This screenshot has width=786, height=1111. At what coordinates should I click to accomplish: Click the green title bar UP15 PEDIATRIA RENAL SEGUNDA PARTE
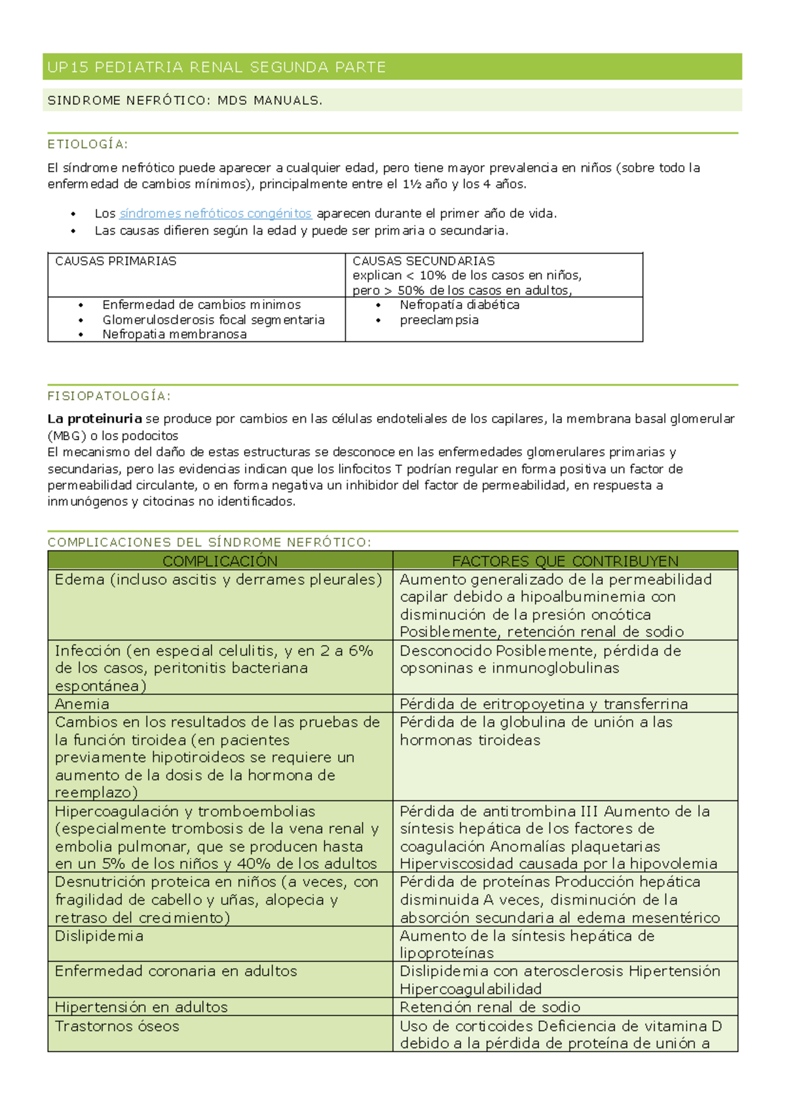[216, 67]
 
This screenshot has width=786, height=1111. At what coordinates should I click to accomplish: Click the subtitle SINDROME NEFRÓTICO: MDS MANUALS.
[185, 100]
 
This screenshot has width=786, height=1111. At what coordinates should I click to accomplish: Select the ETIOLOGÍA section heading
[88, 144]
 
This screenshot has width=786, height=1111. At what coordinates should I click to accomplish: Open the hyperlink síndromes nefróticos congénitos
[215, 214]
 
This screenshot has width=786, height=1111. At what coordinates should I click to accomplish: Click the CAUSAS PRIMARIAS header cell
[116, 261]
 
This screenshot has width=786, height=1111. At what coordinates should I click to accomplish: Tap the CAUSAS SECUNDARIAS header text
[424, 261]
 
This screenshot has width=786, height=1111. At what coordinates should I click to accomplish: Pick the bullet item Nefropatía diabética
[459, 305]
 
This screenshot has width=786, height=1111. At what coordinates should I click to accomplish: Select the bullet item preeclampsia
[439, 320]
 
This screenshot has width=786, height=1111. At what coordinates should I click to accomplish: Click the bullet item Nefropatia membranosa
[174, 335]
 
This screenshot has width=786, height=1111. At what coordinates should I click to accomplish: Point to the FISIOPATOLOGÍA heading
[109, 396]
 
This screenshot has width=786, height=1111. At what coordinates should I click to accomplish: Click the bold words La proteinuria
[94, 419]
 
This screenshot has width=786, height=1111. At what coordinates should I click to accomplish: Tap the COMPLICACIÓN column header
[220, 561]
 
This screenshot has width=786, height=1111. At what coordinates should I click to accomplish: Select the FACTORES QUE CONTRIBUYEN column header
[565, 561]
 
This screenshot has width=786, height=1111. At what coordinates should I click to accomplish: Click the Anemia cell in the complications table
[82, 704]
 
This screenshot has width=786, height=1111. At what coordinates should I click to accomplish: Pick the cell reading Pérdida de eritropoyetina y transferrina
[544, 704]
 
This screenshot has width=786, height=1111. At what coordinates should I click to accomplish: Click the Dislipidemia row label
[99, 936]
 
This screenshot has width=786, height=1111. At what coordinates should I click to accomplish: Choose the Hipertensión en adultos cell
[141, 1007]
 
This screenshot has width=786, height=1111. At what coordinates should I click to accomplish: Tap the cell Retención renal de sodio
[490, 1007]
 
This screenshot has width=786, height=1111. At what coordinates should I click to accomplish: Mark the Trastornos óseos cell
[117, 1026]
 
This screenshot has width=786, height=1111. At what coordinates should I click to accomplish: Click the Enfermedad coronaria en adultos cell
[176, 971]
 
